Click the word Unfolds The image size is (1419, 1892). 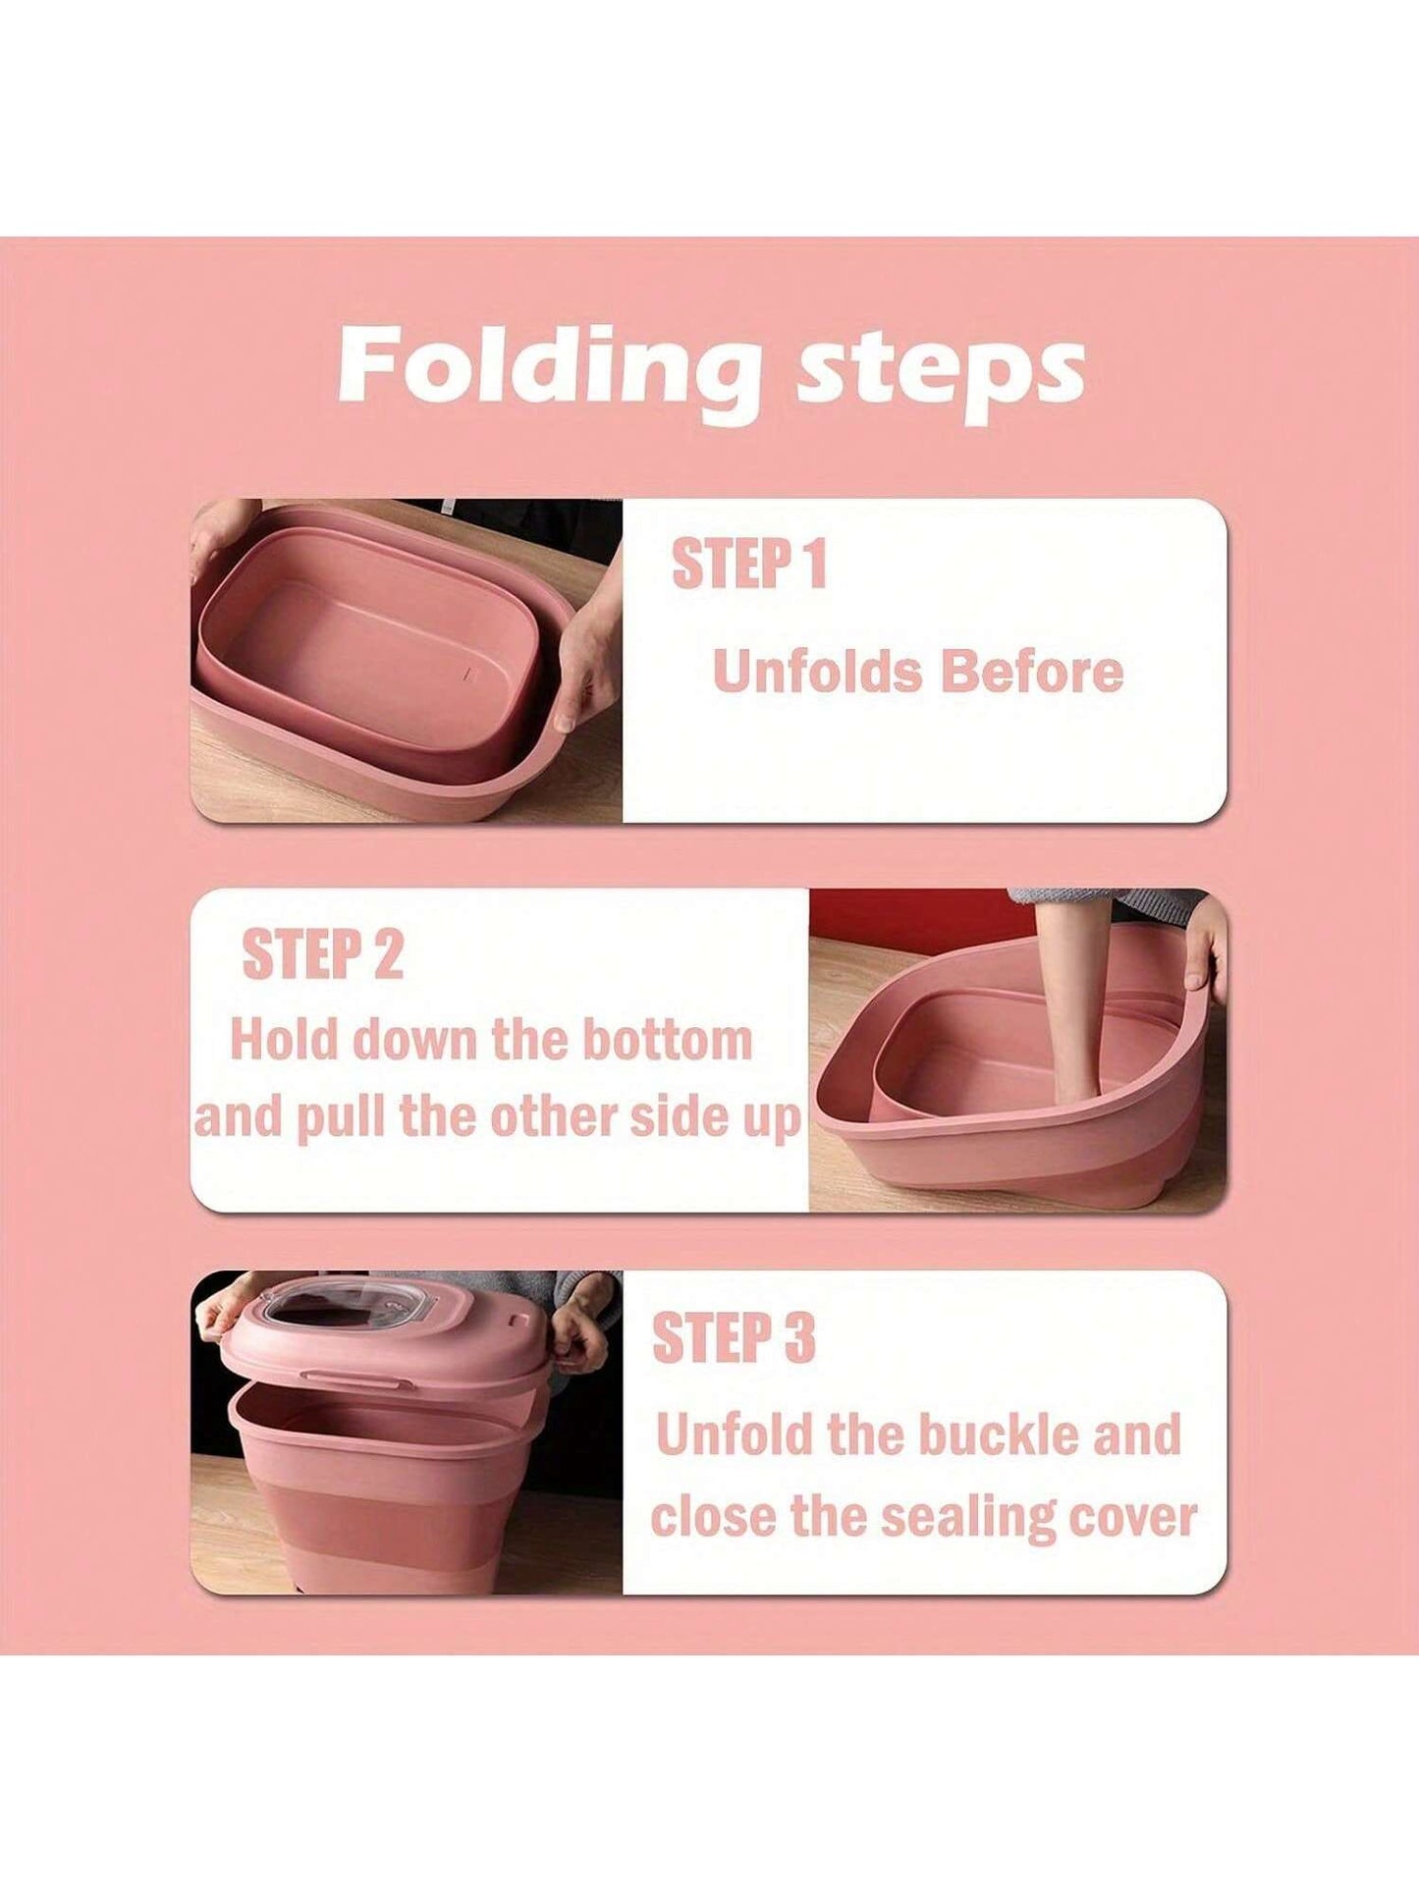[x=816, y=672]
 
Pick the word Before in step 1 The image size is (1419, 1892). [x=1031, y=672]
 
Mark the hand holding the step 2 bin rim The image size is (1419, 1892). [x=1204, y=947]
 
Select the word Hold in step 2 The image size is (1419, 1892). [x=285, y=1039]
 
